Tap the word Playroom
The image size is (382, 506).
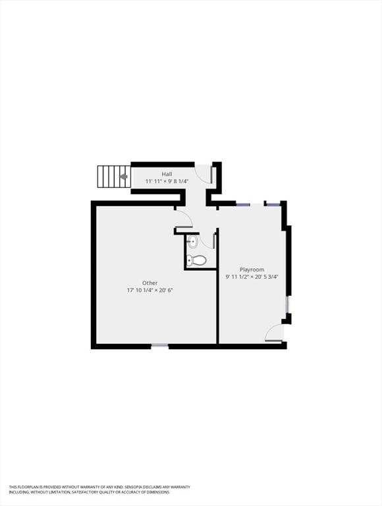252,269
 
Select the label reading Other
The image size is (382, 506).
150,283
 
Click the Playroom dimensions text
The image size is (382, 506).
252,277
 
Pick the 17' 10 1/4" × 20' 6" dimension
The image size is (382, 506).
150,290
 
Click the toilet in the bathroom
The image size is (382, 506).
196,260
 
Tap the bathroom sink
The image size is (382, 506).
192,242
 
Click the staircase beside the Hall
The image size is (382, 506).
113,176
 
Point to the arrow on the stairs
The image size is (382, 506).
123,176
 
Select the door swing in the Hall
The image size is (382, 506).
204,173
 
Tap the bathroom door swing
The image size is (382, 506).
207,240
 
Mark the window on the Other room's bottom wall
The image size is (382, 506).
159,345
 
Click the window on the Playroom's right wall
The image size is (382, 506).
287,304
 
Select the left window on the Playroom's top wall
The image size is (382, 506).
242,205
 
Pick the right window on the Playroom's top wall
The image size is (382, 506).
273,204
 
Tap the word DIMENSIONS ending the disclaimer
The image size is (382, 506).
155,492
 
